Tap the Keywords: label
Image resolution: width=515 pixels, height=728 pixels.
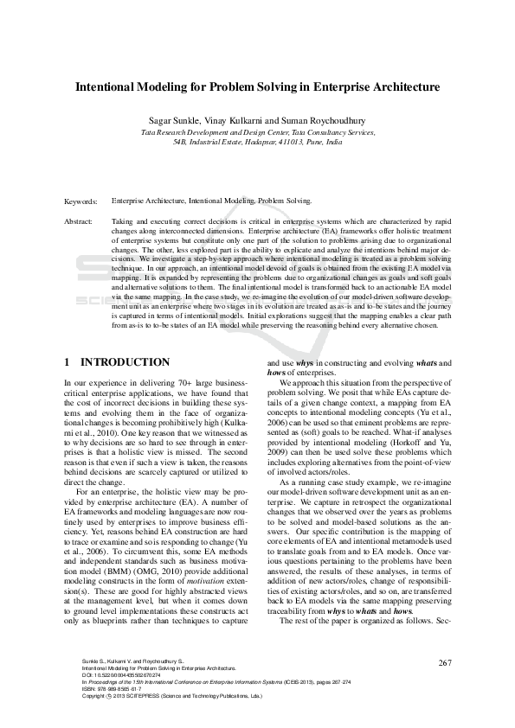[81, 201]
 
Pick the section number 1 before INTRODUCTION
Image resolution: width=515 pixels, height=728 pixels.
[68, 361]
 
